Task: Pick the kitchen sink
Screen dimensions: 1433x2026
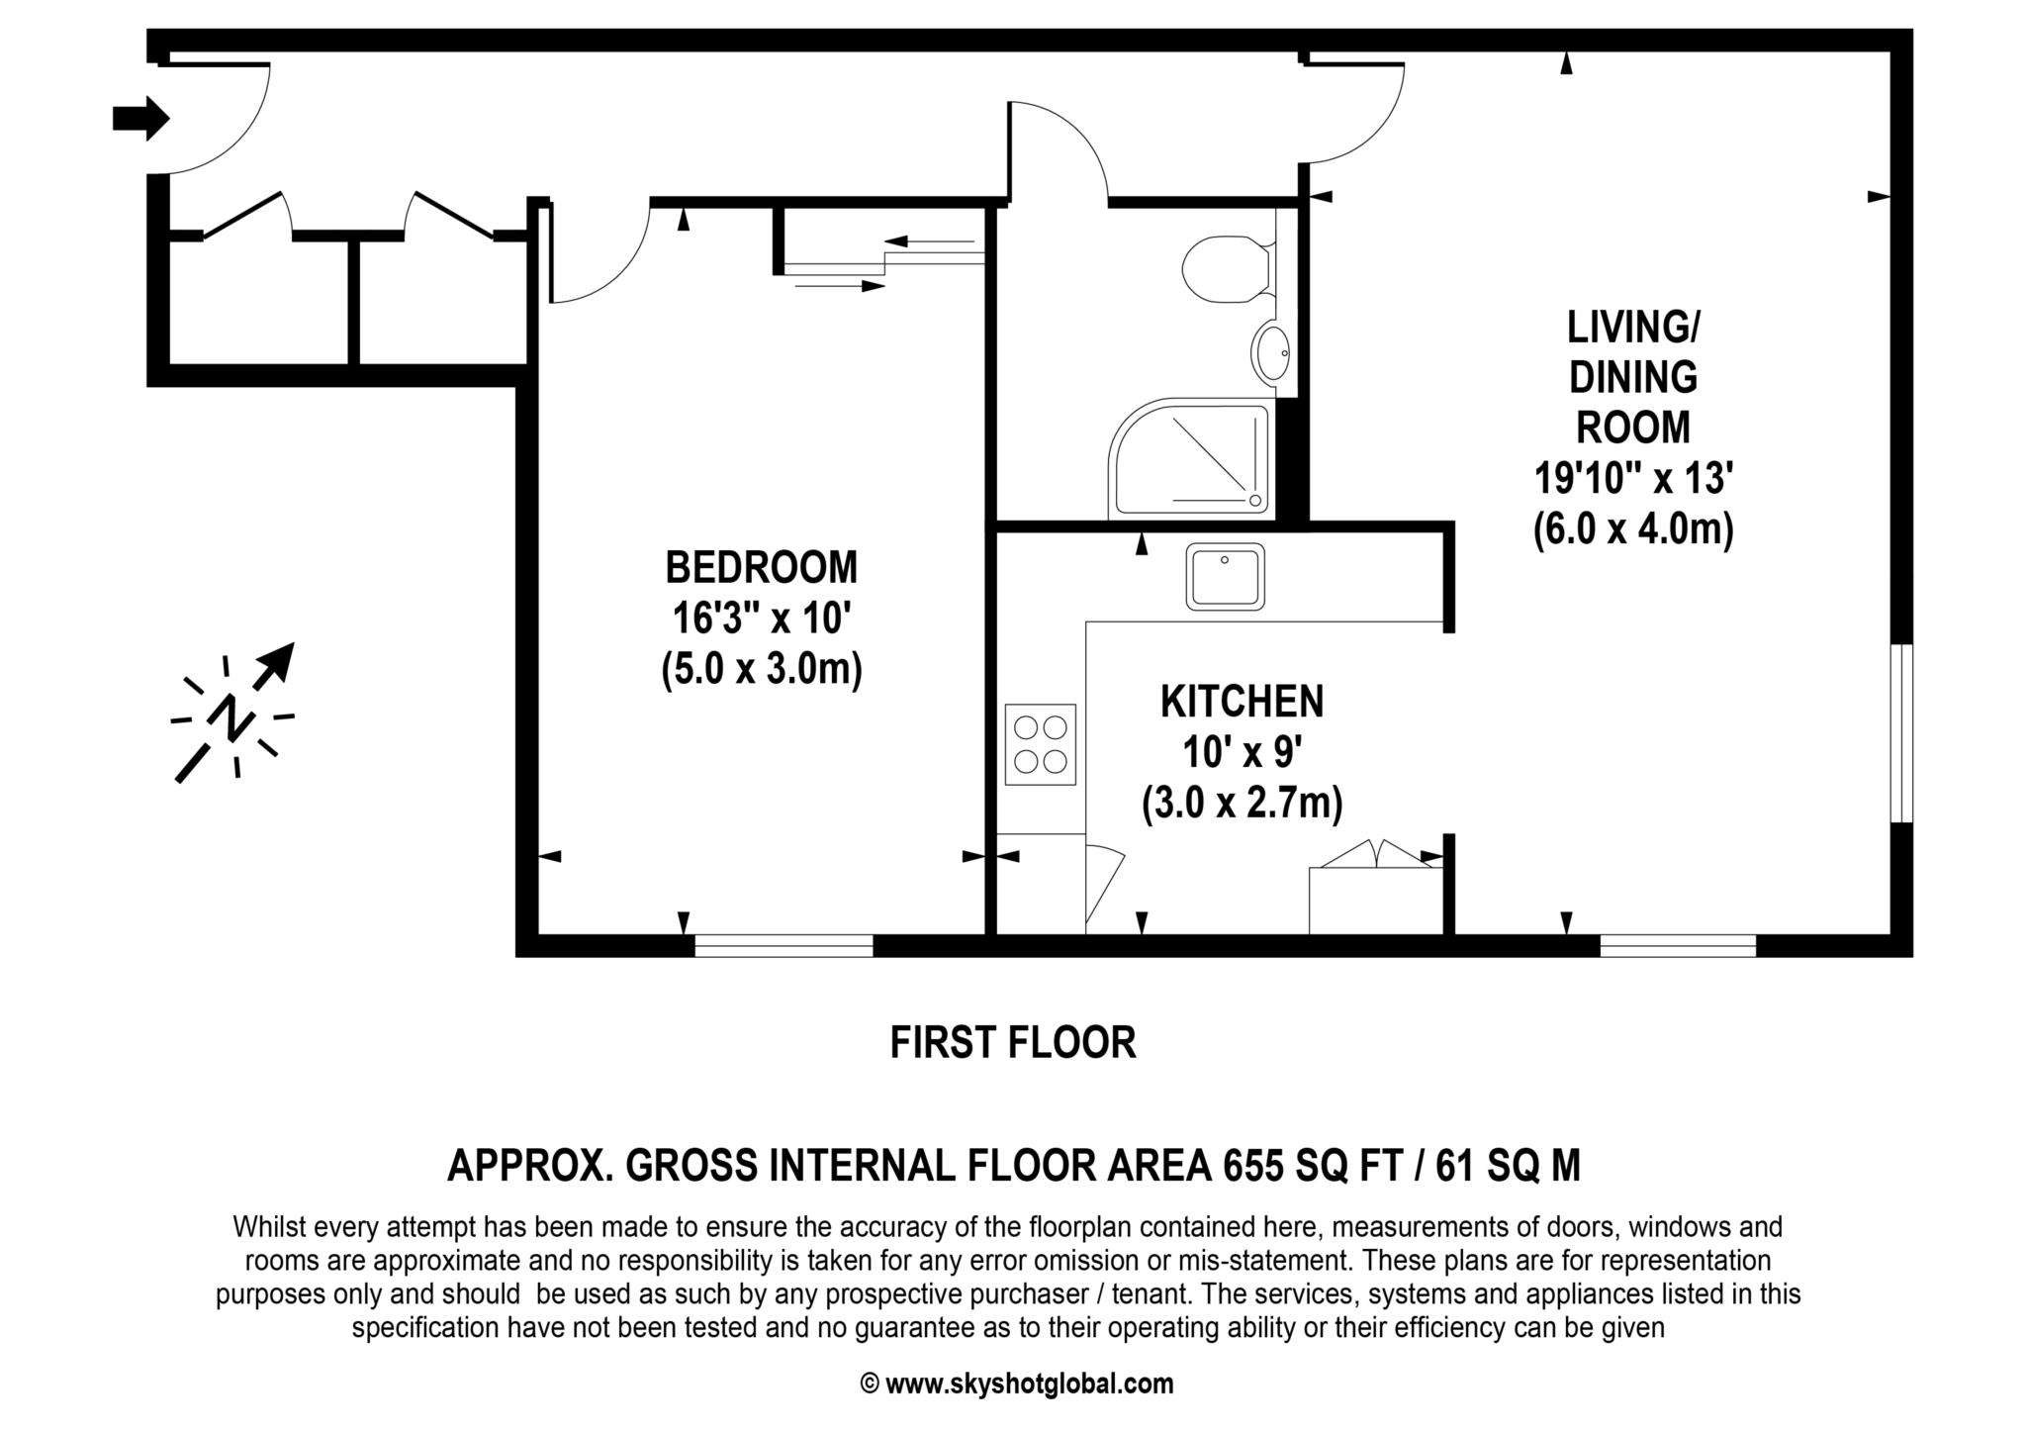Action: click(1225, 576)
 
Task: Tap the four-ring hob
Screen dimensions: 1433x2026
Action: click(1040, 744)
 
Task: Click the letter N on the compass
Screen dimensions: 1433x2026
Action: click(232, 716)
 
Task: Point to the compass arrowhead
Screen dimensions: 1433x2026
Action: click(281, 657)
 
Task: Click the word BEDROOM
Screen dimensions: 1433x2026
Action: click(761, 568)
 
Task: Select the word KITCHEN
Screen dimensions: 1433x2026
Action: click(1241, 702)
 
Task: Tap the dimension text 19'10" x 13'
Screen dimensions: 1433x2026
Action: click(1632, 479)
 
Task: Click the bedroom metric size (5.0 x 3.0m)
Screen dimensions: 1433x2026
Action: click(761, 670)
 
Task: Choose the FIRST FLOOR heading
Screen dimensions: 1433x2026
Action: click(1012, 1043)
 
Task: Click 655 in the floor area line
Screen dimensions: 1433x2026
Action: click(1256, 1165)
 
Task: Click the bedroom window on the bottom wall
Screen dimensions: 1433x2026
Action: click(783, 945)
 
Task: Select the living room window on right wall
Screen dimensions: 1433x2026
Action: click(1901, 732)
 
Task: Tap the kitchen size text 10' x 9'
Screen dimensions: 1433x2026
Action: click(1241, 753)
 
